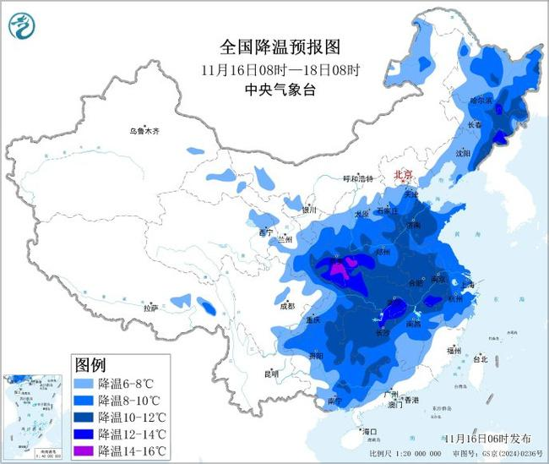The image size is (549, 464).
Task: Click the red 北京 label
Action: pyautogui.click(x=404, y=175)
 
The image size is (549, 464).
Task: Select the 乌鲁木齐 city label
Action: pyautogui.click(x=144, y=131)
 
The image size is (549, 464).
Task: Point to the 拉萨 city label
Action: pyautogui.click(x=150, y=308)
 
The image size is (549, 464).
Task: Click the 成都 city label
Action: pyautogui.click(x=285, y=306)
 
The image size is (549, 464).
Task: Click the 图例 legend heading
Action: pyautogui.click(x=90, y=365)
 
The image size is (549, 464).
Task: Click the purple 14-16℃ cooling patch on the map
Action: pyautogui.click(x=339, y=270)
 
